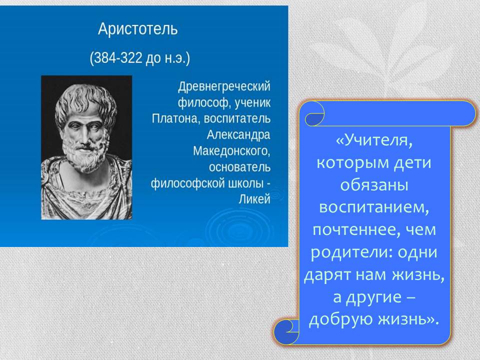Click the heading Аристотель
tap(138, 29)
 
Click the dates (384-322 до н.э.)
tap(140, 57)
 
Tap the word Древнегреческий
tap(224, 86)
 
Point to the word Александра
tap(238, 134)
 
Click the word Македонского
tap(231, 151)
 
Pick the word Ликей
tap(254, 199)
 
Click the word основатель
tap(239, 167)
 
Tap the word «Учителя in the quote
tap(374, 140)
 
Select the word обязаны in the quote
tap(374, 185)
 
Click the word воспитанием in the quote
tap(374, 207)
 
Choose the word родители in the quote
tap(351, 252)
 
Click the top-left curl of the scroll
tap(314, 113)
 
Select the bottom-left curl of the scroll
tap(286, 332)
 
